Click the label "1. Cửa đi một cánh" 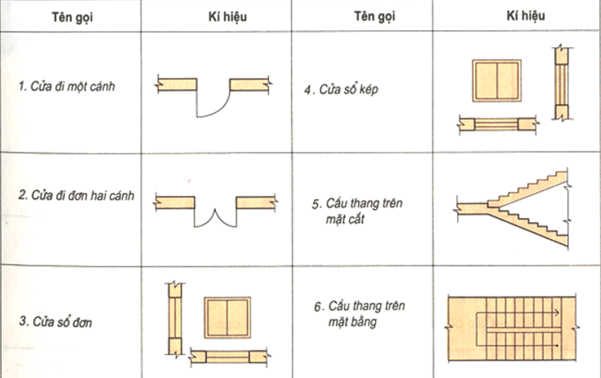click(x=66, y=86)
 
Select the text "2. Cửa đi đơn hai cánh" click(x=77, y=195)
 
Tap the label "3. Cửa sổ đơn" click(x=56, y=322)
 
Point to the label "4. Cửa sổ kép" click(x=341, y=90)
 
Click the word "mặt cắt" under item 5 click(x=345, y=219)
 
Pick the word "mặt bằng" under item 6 click(x=352, y=321)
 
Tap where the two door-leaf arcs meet click(x=215, y=210)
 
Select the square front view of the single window click(x=227, y=318)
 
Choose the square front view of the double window click(x=497, y=81)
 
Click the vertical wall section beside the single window click(x=175, y=319)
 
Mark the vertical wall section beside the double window click(x=562, y=83)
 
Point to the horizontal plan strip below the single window click(x=229, y=356)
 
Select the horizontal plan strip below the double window click(x=498, y=124)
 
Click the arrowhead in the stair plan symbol click(x=557, y=313)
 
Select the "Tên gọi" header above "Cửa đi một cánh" click(x=72, y=17)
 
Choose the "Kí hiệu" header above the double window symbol click(x=526, y=16)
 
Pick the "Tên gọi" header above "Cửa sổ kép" click(x=374, y=16)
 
